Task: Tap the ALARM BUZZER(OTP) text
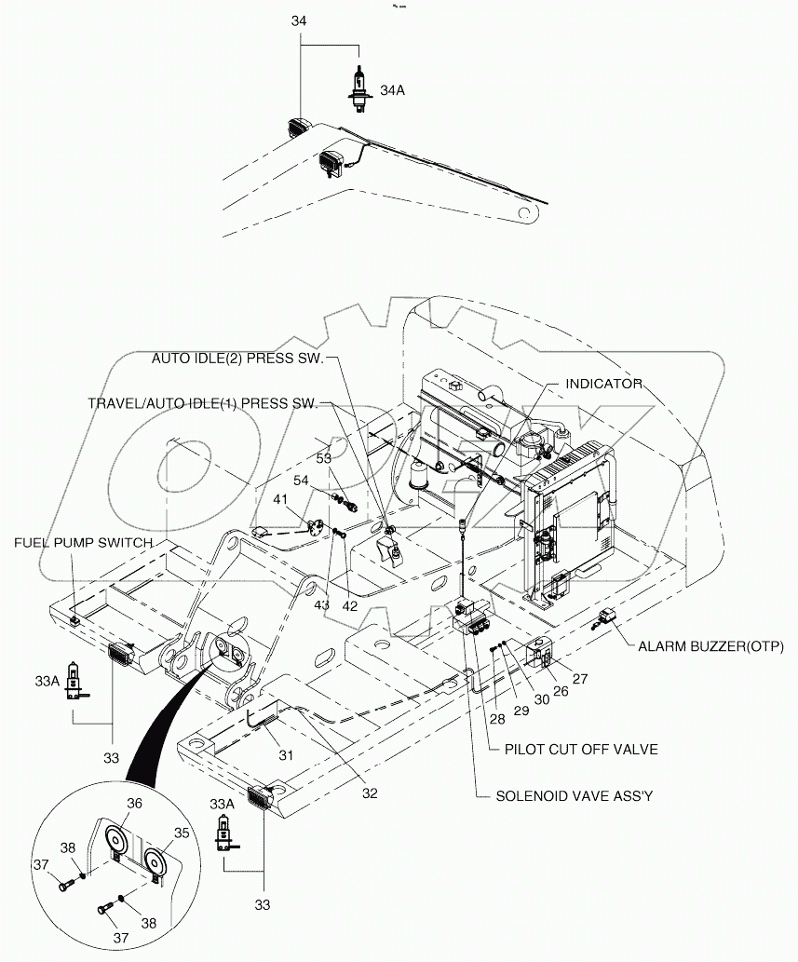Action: [711, 645]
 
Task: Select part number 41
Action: [280, 500]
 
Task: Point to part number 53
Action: [323, 458]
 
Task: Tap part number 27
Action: [580, 679]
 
